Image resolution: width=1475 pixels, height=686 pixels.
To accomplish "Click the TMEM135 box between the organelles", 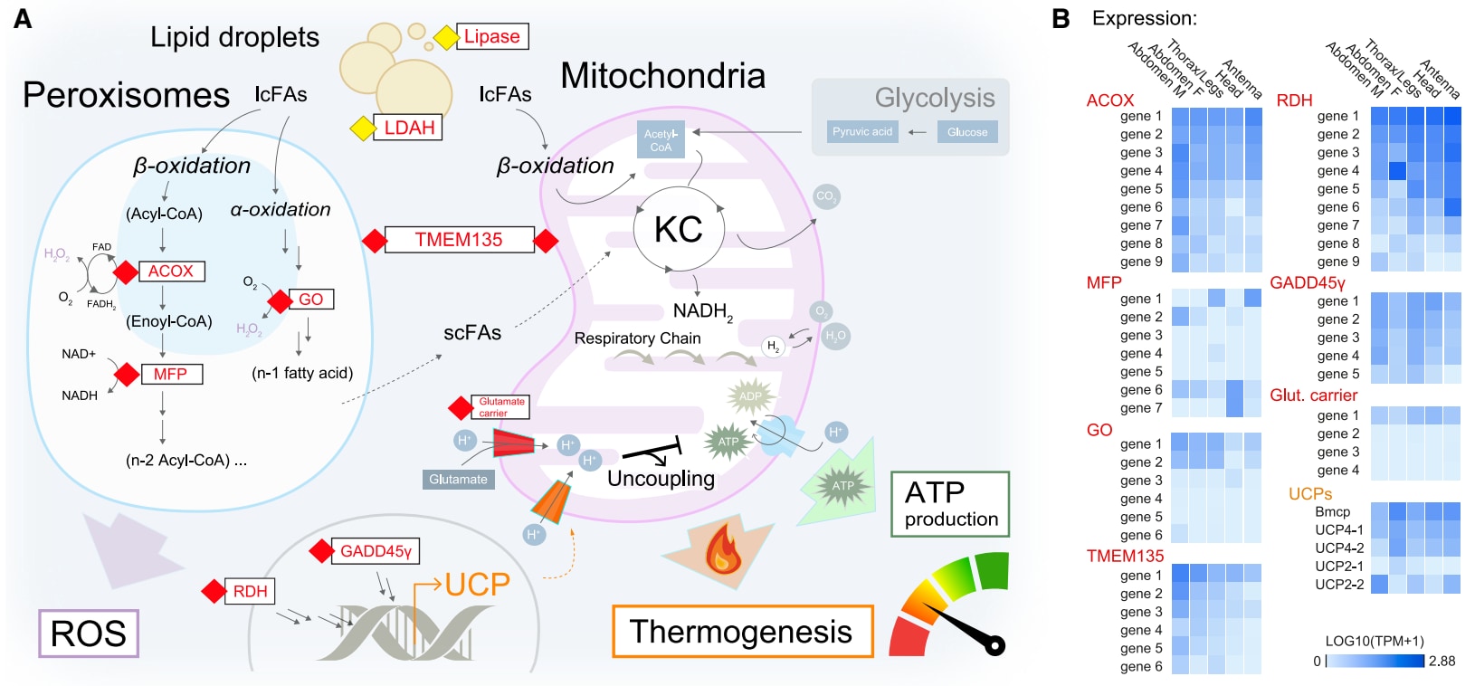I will click(x=458, y=240).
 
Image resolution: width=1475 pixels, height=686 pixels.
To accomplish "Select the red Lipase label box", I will click(x=492, y=37).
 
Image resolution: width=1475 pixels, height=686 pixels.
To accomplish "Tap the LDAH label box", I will click(x=409, y=128).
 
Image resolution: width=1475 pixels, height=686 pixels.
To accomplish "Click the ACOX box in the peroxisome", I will click(x=171, y=272).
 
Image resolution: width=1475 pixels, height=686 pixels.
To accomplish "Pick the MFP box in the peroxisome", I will click(x=170, y=374).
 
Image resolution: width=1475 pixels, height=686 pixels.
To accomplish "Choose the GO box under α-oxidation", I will click(x=310, y=300).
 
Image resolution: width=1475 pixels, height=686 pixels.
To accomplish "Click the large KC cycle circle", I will click(x=679, y=229).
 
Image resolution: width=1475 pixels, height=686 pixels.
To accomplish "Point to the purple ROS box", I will click(x=89, y=633).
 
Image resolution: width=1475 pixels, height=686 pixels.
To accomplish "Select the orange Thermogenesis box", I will click(x=742, y=631).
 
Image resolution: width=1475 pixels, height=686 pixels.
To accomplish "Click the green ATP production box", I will click(x=950, y=504).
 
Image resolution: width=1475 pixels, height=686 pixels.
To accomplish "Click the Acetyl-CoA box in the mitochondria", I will click(x=661, y=140).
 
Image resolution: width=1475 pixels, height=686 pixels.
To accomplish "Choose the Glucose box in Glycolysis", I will click(x=967, y=132).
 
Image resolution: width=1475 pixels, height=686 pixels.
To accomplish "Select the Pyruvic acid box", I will click(x=861, y=132).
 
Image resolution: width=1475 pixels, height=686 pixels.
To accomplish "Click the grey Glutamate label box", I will click(x=458, y=480).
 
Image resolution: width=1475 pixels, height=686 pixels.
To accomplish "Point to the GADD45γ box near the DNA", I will click(x=376, y=551).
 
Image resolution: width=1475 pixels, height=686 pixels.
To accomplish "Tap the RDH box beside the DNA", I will click(x=250, y=592).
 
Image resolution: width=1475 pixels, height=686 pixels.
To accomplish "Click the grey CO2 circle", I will click(x=825, y=196).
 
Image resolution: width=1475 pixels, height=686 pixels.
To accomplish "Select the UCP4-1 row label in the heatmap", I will click(x=1338, y=530).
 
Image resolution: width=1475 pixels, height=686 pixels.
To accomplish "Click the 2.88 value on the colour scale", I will click(x=1442, y=662).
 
